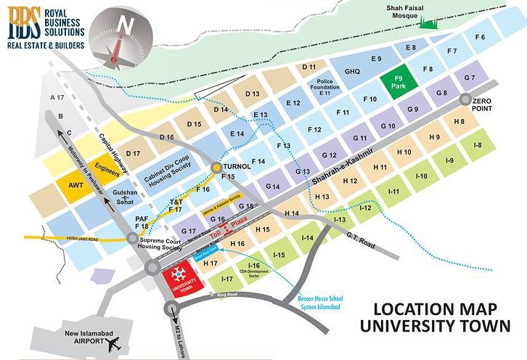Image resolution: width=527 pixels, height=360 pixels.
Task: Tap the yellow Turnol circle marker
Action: tap(216, 168)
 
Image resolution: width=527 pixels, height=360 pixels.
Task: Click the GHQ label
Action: tap(352, 72)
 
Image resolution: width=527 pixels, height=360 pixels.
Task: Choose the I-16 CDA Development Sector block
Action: tap(254, 271)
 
